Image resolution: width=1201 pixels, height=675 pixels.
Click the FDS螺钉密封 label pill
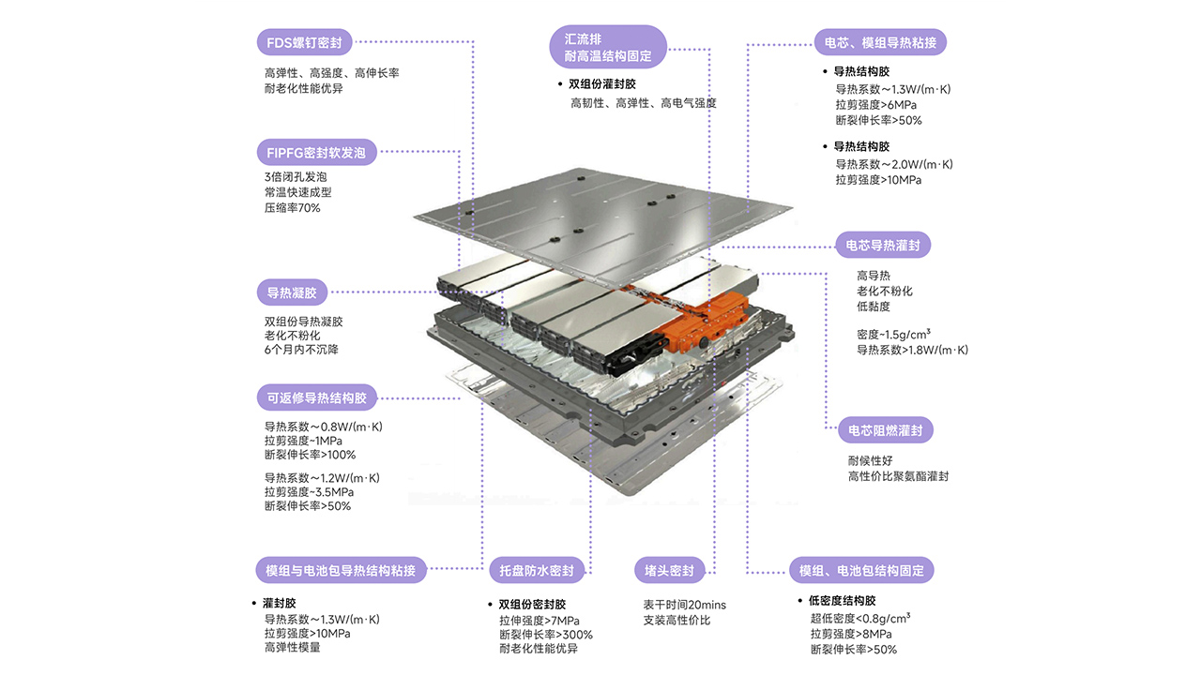pyautogui.click(x=303, y=42)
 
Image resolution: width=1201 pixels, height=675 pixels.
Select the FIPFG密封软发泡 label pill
pyautogui.click(x=316, y=152)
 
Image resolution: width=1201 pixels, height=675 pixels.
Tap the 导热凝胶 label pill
pyautogui.click(x=292, y=292)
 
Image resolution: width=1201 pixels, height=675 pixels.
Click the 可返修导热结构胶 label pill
pyautogui.click(x=316, y=397)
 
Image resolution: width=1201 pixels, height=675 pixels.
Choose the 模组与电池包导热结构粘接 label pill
pyautogui.click(x=342, y=570)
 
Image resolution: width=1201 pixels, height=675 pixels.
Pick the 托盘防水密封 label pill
pyautogui.click(x=537, y=570)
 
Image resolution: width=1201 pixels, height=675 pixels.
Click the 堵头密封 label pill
pyautogui.click(x=669, y=570)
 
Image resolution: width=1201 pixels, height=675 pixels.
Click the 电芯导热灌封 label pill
pyautogui.click(x=883, y=246)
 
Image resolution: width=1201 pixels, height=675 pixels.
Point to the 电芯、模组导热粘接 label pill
pyautogui.click(x=880, y=42)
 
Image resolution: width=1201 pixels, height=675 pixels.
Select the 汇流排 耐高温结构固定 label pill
pyautogui.click(x=608, y=46)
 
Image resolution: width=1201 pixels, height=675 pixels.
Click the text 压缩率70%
pyautogui.click(x=293, y=208)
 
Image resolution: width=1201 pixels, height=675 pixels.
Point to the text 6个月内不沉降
pyautogui.click(x=302, y=350)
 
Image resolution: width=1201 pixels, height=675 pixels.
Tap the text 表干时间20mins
pyautogui.click(x=684, y=605)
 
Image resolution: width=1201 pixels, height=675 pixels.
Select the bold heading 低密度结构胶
pyautogui.click(x=843, y=601)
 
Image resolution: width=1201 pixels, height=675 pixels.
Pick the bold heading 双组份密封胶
pyautogui.click(x=532, y=605)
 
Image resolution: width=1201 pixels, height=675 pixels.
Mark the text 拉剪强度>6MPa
pyautogui.click(x=876, y=105)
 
